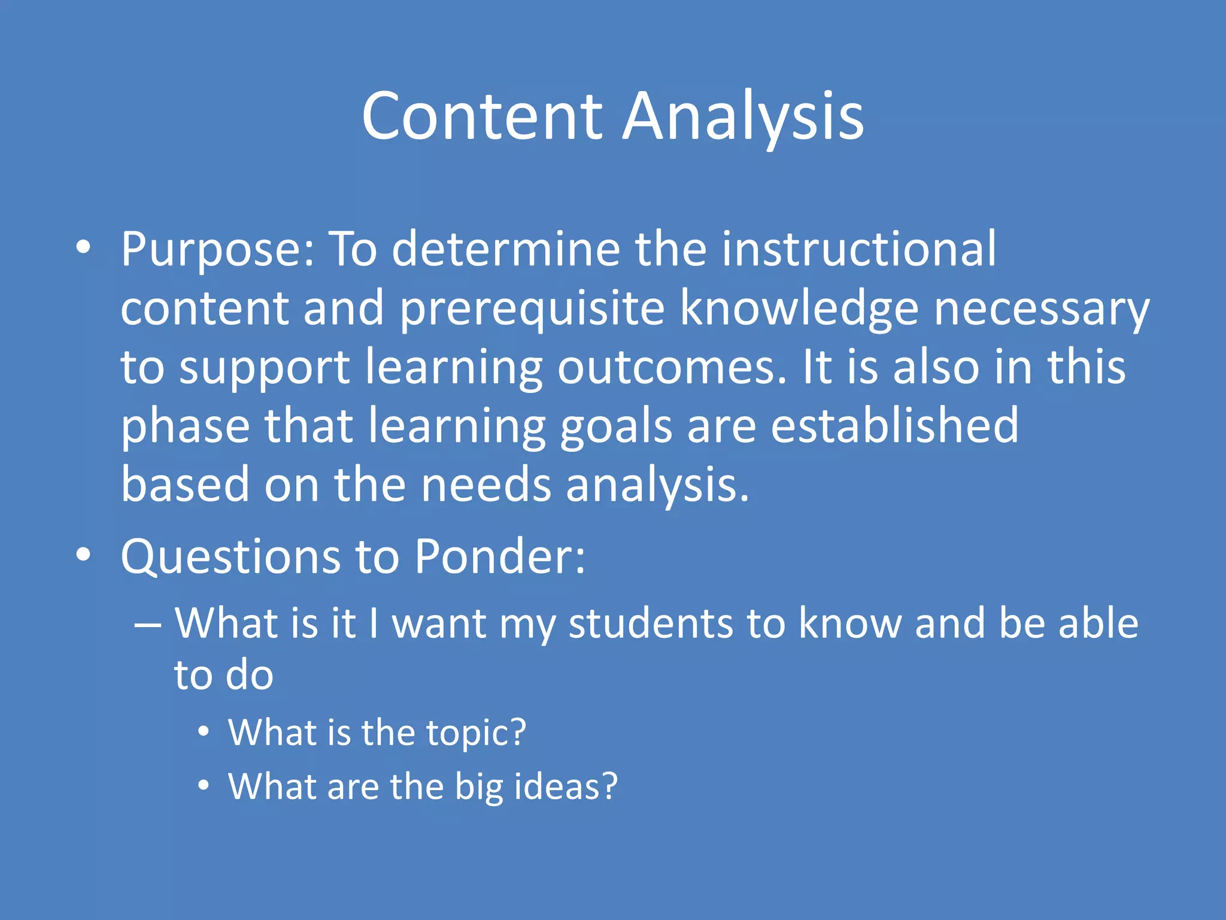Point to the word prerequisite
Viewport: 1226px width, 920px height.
pos(532,308)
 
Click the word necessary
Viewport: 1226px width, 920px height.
pos(1042,308)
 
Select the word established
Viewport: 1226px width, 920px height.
pos(894,425)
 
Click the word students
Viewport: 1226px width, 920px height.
pos(650,624)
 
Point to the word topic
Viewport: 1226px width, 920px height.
pos(475,733)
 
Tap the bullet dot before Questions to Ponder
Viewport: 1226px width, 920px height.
pos(84,555)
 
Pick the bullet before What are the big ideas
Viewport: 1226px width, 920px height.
pos(204,785)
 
